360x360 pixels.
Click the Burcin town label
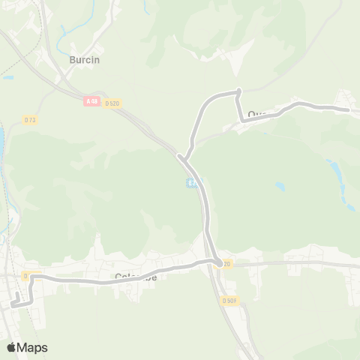point(84,59)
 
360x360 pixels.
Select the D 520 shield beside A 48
point(112,102)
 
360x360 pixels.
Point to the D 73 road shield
point(30,119)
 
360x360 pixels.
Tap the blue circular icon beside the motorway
point(193,184)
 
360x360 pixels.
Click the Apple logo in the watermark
point(12,347)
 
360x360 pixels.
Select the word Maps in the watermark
point(32,347)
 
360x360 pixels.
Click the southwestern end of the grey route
point(13,303)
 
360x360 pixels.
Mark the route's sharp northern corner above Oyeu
point(238,91)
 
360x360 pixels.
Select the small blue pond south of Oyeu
point(280,185)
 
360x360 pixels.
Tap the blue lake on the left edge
point(2,139)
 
